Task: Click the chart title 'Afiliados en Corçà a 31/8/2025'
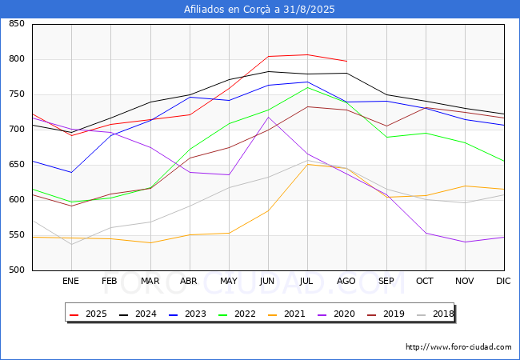coord(259,10)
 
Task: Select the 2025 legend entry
coord(88,314)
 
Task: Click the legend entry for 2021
coord(286,314)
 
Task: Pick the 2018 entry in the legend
coord(435,314)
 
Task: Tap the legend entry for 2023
coord(187,314)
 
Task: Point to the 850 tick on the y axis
coord(17,23)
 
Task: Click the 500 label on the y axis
coord(17,270)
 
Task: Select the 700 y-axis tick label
coord(17,129)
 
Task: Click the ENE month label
coord(70,281)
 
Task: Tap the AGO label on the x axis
coord(346,281)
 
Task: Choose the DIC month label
coord(503,281)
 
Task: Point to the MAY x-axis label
coord(229,281)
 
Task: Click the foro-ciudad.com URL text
coord(458,347)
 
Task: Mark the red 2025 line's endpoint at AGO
coord(347,62)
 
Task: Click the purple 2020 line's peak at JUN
coord(268,117)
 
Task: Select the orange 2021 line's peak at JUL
coord(308,165)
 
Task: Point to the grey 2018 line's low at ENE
coord(72,245)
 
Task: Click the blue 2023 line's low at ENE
coord(72,172)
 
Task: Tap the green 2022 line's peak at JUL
coord(308,87)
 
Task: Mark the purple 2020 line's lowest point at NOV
coord(466,242)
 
